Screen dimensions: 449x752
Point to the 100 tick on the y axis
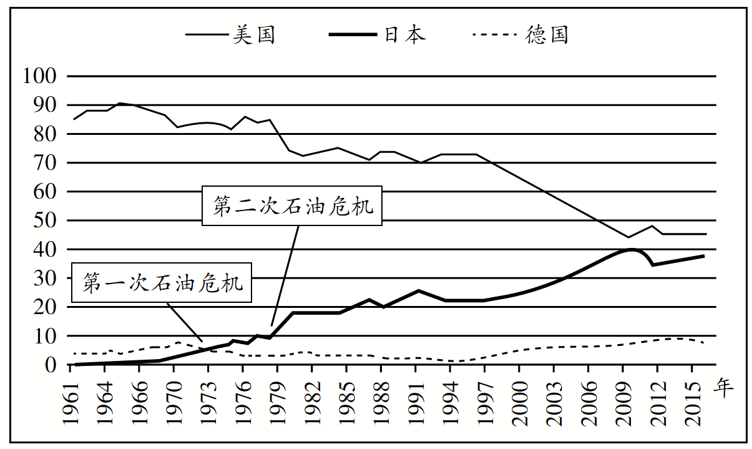click(x=39, y=76)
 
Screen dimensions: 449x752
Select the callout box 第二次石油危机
click(x=293, y=207)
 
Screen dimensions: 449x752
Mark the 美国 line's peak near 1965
click(x=120, y=103)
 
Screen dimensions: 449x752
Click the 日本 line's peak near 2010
click(x=632, y=249)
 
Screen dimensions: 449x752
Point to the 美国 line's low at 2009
click(x=628, y=237)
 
